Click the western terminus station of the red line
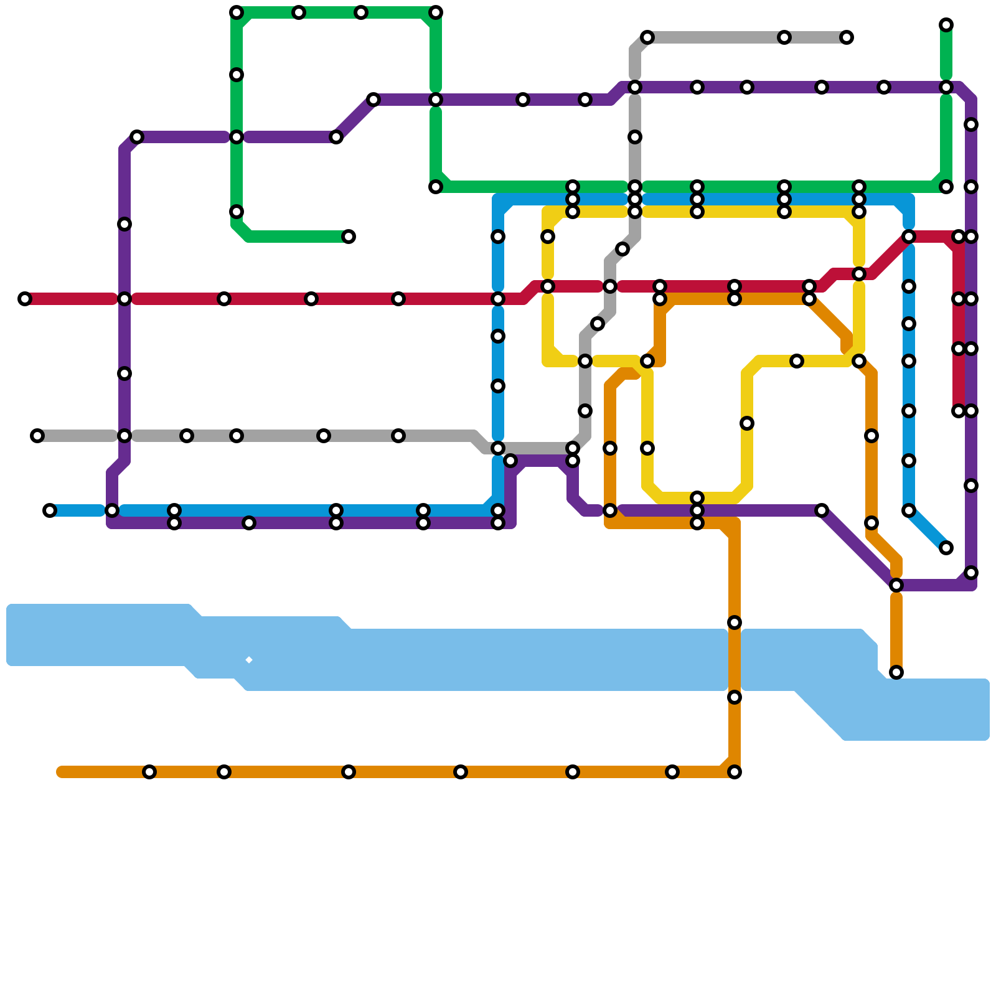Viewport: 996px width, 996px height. click(x=25, y=299)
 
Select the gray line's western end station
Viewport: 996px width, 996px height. click(x=37, y=436)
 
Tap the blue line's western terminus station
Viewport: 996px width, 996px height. click(x=50, y=510)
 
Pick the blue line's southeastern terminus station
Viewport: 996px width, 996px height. click(x=946, y=548)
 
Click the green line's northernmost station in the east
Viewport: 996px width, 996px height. click(x=946, y=25)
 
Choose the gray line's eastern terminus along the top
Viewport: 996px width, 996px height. click(x=847, y=37)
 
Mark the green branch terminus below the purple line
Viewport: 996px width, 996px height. click(x=349, y=237)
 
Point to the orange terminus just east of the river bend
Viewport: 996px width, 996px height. click(x=896, y=672)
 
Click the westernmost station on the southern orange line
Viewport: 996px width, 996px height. click(x=149, y=772)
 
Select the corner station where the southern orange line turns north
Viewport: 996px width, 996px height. click(x=735, y=772)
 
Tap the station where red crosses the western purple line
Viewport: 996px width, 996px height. click(x=125, y=299)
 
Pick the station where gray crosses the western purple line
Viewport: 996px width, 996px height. click(x=125, y=436)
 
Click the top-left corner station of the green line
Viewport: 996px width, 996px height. click(x=237, y=12)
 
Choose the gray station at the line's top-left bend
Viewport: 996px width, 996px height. click(x=647, y=37)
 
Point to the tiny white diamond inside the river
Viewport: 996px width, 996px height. click(x=248, y=660)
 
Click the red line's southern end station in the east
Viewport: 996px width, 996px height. click(x=959, y=411)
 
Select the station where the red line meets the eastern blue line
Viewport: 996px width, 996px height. click(x=909, y=237)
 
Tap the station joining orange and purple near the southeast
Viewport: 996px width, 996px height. click(x=896, y=585)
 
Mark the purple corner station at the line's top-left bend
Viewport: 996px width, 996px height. click(x=137, y=137)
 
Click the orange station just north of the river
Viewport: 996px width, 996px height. click(x=735, y=622)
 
